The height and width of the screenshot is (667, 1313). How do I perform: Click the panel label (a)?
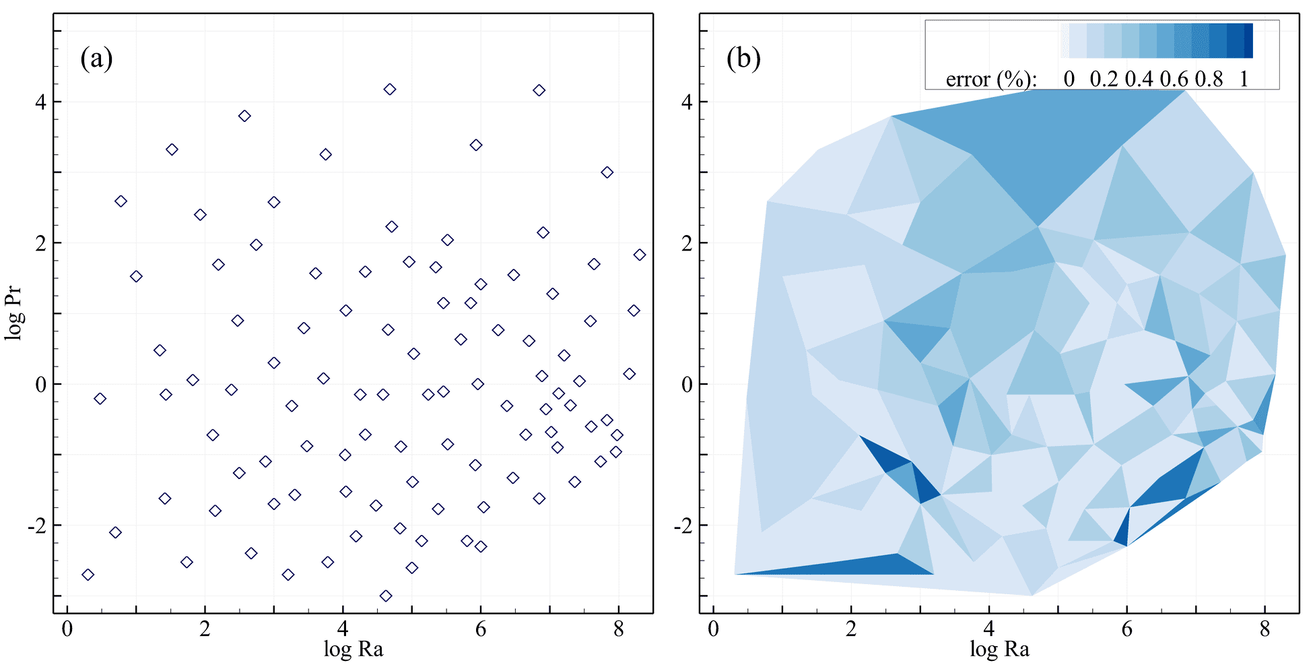96,59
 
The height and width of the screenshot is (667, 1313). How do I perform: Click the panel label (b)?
743,59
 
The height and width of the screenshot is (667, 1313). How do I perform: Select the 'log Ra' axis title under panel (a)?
353,649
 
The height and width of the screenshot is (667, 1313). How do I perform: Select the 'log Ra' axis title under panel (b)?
999,649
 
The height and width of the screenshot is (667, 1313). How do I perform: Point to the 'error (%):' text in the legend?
990,80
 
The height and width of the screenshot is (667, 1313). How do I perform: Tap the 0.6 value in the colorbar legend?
1174,80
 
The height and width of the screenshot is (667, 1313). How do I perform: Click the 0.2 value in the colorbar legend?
1104,80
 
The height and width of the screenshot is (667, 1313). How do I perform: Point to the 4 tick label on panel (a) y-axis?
40,102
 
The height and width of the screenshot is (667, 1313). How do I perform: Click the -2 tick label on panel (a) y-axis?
37,526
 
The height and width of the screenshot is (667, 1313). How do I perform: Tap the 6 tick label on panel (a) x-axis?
480,629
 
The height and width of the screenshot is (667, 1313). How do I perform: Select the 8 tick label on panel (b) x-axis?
1265,629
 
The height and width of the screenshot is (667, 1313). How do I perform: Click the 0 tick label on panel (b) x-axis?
714,629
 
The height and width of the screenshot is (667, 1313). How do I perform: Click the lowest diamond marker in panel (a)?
386,596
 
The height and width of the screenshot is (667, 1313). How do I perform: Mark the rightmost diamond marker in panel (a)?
640,255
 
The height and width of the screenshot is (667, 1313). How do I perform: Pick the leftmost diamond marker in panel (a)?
88,575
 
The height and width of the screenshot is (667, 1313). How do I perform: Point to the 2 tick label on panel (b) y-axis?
687,243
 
